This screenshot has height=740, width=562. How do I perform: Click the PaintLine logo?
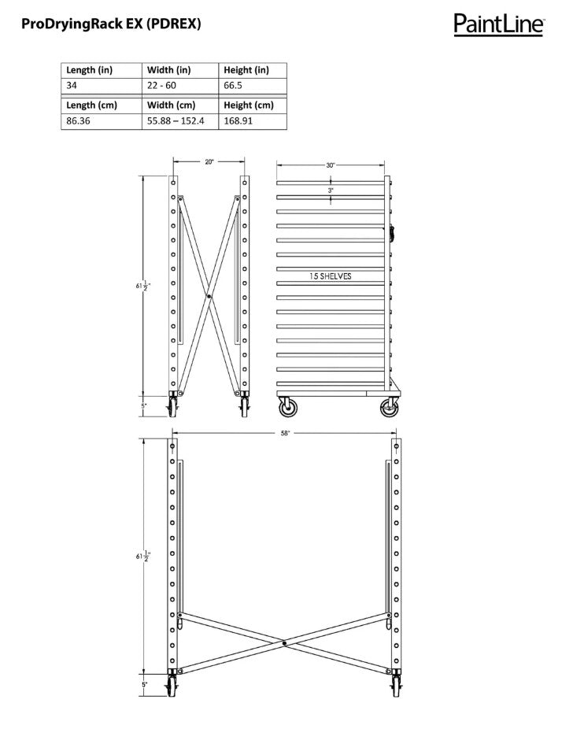(498, 24)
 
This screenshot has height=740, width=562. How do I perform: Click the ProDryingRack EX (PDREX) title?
(111, 24)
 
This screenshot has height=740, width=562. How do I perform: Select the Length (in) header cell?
(90, 69)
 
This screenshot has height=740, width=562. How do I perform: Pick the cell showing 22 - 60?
(161, 85)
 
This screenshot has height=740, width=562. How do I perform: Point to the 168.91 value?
(238, 121)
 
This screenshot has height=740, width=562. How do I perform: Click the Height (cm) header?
(249, 105)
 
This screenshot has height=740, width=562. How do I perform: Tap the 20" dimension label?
(209, 162)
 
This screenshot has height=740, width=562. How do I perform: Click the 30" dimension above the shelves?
(331, 165)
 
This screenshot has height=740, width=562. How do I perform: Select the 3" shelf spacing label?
(331, 191)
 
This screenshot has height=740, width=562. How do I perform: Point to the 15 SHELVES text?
(331, 276)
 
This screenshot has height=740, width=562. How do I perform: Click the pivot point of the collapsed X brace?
(209, 296)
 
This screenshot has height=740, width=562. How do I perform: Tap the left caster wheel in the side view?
(286, 408)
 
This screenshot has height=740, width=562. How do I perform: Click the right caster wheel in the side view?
(388, 408)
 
